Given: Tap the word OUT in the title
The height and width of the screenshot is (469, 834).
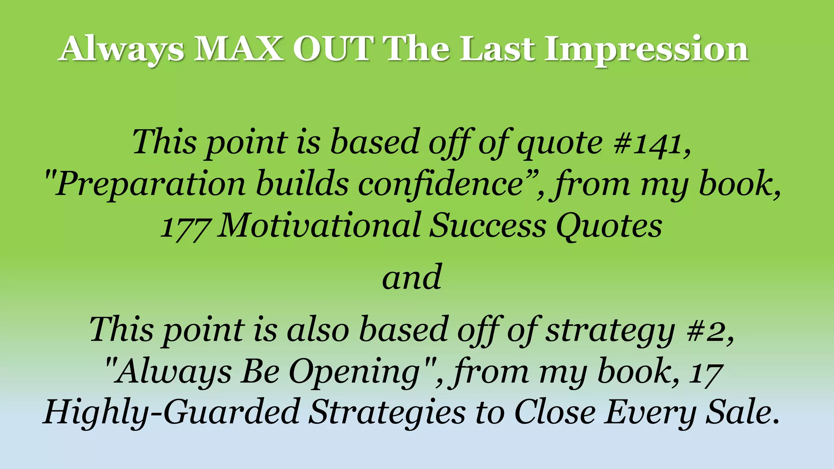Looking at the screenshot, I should point(333,49).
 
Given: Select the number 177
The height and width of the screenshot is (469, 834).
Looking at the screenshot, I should point(185,227).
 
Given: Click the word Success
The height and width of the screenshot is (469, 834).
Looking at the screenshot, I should point(488,226).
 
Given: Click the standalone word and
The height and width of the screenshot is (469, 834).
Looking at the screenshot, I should point(412,278).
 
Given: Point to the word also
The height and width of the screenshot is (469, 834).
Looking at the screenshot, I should point(318,330).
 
